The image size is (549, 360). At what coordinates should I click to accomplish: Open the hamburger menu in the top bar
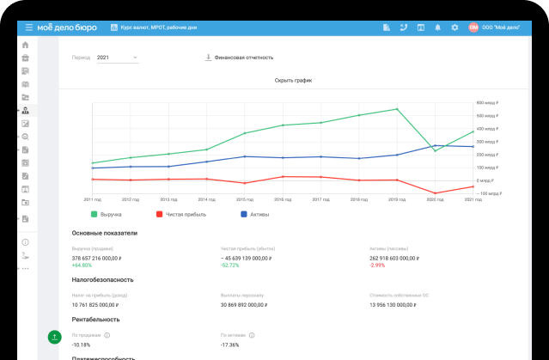point(29,27)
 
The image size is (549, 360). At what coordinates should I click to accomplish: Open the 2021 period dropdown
point(117,58)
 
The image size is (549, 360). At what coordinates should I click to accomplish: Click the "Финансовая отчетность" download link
point(240,58)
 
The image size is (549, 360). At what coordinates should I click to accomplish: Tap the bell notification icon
point(437,27)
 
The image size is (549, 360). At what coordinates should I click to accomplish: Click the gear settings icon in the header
point(454,27)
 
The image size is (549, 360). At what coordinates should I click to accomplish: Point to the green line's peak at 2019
point(397,109)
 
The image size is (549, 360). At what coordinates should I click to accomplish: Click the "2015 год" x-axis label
point(245,198)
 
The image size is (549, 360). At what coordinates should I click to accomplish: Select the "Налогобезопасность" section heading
point(104,279)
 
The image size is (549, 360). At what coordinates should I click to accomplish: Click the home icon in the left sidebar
point(26,45)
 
